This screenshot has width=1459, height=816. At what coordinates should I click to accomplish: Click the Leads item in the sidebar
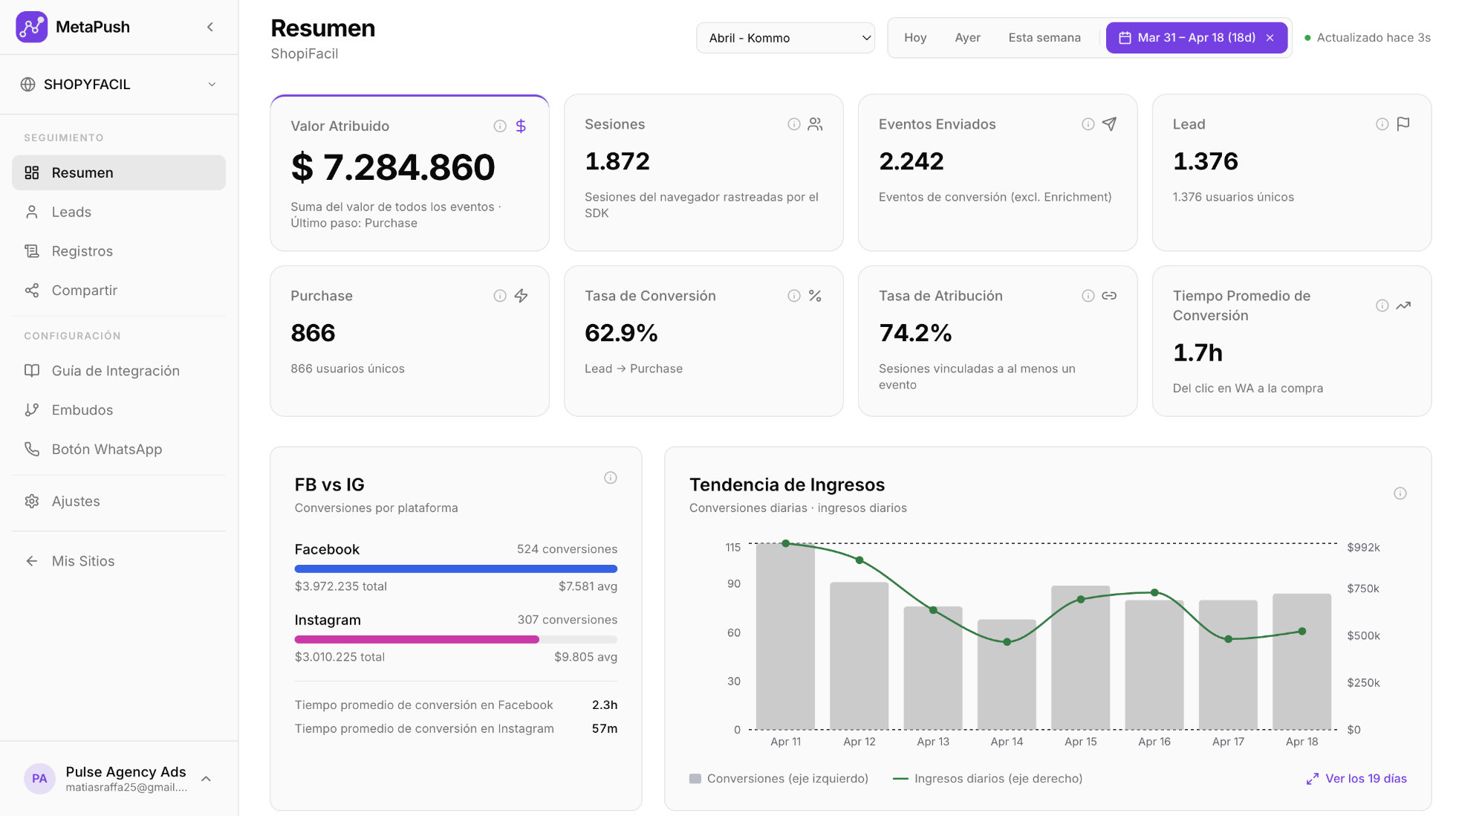point(71,212)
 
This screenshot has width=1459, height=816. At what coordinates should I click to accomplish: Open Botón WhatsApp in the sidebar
point(106,449)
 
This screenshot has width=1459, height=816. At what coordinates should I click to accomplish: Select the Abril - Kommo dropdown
point(785,38)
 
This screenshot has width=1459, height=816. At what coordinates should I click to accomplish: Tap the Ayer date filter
point(967,38)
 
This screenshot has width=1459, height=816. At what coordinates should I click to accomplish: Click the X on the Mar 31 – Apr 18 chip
point(1270,38)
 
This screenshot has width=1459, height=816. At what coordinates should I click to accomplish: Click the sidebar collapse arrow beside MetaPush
point(210,27)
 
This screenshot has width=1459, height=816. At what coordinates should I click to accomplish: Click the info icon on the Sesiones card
point(793,124)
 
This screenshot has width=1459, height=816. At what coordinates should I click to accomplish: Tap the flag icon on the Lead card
point(1403,124)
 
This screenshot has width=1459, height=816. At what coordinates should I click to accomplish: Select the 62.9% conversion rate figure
point(621,333)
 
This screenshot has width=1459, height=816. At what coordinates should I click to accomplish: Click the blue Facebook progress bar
point(455,569)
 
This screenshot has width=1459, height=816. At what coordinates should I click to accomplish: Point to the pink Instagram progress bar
point(416,639)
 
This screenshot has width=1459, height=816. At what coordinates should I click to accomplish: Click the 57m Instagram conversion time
point(604,728)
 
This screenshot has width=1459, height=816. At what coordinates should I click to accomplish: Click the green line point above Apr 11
point(786,543)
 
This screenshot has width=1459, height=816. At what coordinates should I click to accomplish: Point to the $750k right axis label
point(1362,589)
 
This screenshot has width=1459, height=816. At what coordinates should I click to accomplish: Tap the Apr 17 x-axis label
point(1228,742)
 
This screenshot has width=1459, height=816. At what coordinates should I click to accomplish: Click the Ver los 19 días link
point(1365,778)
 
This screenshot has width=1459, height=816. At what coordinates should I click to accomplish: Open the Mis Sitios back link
point(82,561)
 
